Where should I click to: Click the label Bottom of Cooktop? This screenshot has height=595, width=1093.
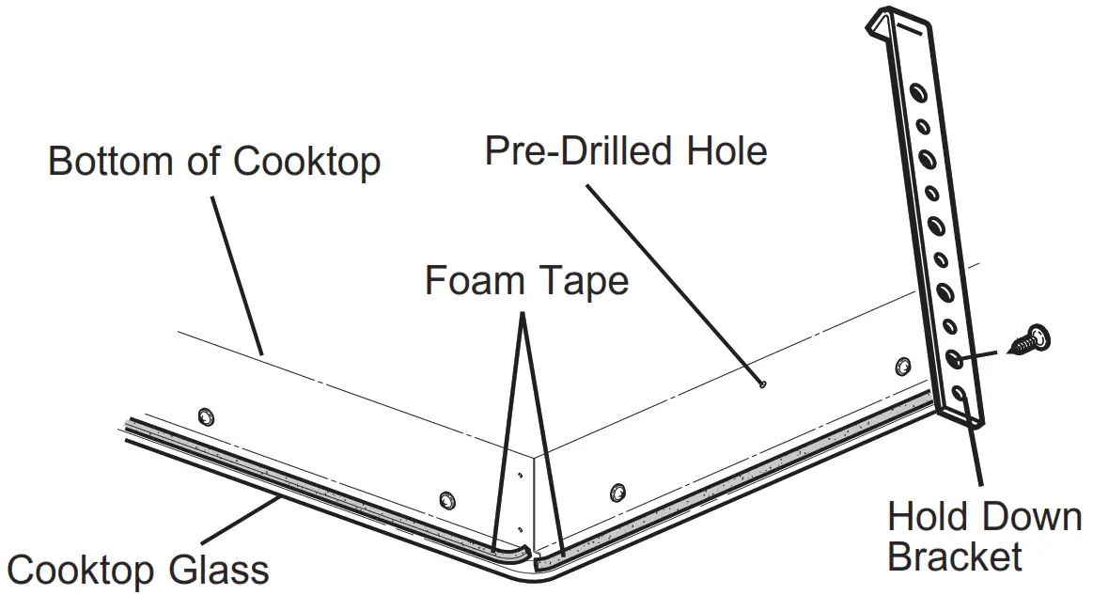(x=214, y=161)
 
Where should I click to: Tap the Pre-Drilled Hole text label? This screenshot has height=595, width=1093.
(x=626, y=150)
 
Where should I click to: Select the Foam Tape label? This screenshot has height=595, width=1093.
(x=526, y=280)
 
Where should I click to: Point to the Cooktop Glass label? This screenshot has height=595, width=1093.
(x=138, y=570)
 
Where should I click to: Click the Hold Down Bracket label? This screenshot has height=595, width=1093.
(x=984, y=537)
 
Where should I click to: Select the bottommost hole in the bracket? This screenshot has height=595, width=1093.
(x=958, y=395)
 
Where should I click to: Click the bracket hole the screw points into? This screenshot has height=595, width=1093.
(x=953, y=359)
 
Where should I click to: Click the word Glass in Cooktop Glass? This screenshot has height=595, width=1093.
(x=220, y=570)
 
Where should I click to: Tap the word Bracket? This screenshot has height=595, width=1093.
(x=954, y=556)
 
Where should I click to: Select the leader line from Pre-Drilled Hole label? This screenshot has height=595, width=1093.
(x=672, y=282)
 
